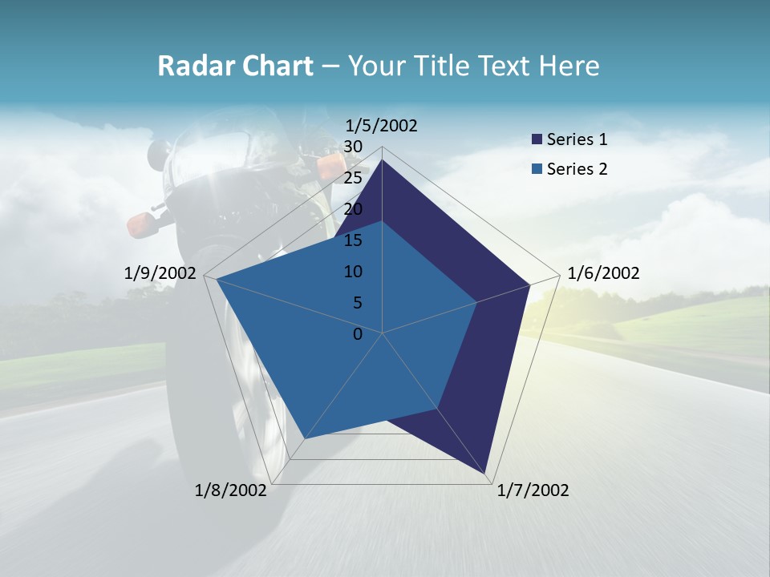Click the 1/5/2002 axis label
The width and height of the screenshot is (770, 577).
pyautogui.click(x=382, y=125)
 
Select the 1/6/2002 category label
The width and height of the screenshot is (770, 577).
pyautogui.click(x=603, y=273)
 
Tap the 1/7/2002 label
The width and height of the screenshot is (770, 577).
pyautogui.click(x=533, y=490)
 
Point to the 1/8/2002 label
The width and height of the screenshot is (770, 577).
pyautogui.click(x=231, y=490)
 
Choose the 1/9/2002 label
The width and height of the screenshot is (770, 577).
pyautogui.click(x=160, y=273)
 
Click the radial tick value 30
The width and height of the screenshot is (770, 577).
pyautogui.click(x=352, y=147)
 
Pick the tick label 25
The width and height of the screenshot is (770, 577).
pyautogui.click(x=352, y=178)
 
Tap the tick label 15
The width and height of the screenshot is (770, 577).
pyautogui.click(x=352, y=240)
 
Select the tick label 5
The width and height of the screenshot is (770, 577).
pyautogui.click(x=357, y=303)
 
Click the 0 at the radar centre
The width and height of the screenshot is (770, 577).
pyautogui.click(x=358, y=334)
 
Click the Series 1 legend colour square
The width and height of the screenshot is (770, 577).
pyautogui.click(x=537, y=140)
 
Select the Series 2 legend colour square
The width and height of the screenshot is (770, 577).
pyautogui.click(x=537, y=169)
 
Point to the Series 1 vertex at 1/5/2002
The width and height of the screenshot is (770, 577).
pyautogui.click(x=382, y=159)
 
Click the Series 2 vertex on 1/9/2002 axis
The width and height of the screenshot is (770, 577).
pyautogui.click(x=217, y=280)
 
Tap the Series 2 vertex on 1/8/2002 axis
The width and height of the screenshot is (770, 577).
pyautogui.click(x=305, y=438)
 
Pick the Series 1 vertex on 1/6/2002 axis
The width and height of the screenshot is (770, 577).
pyautogui.click(x=529, y=284)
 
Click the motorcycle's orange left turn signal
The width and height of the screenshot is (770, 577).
pyautogui.click(x=143, y=224)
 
